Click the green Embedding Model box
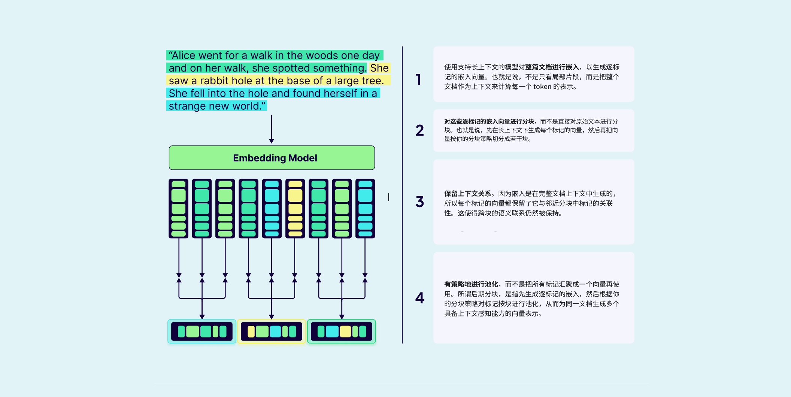point(272,158)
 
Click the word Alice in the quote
point(184,55)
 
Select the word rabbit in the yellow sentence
point(214,81)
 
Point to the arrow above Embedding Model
point(272,129)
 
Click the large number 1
point(418,79)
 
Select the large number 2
point(420,130)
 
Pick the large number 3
point(420,202)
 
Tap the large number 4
point(420,298)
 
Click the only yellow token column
point(295,209)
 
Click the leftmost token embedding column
point(179,209)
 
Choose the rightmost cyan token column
point(365,209)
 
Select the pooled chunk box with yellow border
point(272,331)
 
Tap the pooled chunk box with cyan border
point(202,331)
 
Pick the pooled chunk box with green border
point(342,331)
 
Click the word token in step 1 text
point(542,87)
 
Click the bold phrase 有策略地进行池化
point(471,284)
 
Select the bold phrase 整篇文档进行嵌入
point(552,67)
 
